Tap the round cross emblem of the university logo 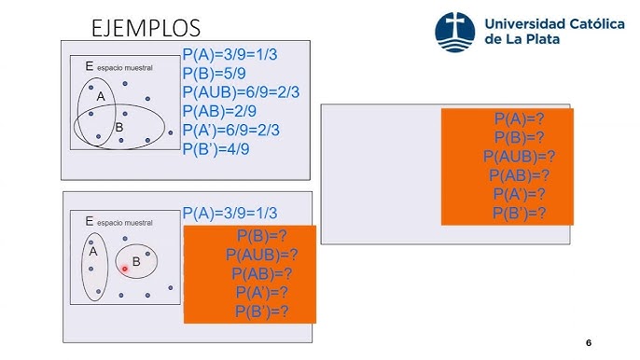click(x=456, y=31)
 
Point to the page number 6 click(x=589, y=342)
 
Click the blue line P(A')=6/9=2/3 click(x=243, y=129)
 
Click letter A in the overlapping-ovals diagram click(x=100, y=96)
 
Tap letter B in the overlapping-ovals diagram click(x=119, y=127)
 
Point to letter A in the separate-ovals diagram click(x=93, y=251)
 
